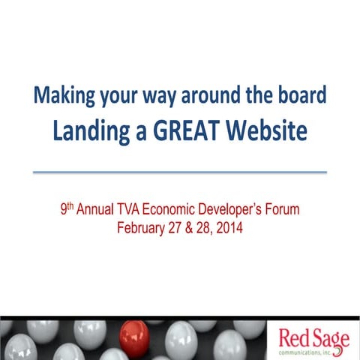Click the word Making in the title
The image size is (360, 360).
click(x=60, y=97)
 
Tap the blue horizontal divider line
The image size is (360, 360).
click(x=180, y=172)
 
